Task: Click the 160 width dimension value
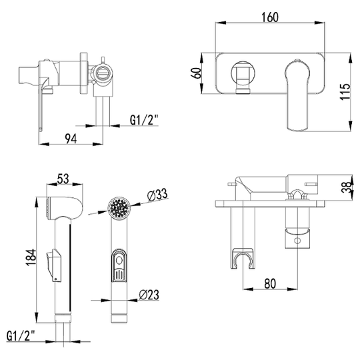[x=270, y=17]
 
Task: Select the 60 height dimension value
[x=197, y=73]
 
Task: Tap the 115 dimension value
[x=345, y=91]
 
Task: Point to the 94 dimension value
[x=71, y=139]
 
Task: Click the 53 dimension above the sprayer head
[x=63, y=179]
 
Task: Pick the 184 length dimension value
[x=31, y=257]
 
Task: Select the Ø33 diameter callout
[x=157, y=195]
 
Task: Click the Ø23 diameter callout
[x=149, y=295]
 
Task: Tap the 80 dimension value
[x=270, y=283]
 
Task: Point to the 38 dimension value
[x=346, y=187]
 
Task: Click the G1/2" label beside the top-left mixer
[x=145, y=119]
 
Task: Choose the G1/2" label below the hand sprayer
[x=21, y=335]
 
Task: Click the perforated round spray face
[x=119, y=208]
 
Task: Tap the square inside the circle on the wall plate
[x=243, y=73]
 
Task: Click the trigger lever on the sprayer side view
[x=54, y=265]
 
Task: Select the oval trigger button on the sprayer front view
[x=119, y=265]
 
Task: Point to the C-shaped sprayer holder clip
[x=243, y=258]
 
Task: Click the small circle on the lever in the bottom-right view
[x=297, y=241]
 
